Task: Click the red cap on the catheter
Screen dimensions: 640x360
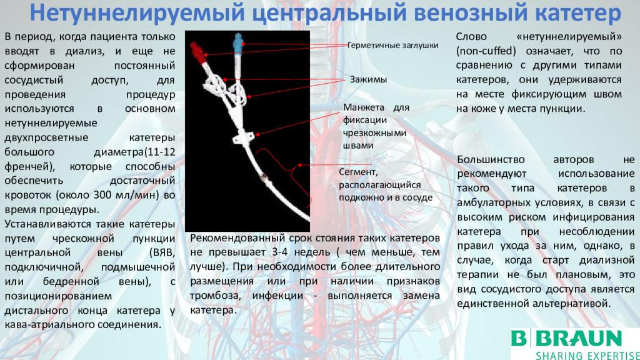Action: point(198,52)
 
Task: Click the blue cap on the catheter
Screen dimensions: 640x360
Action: point(238,42)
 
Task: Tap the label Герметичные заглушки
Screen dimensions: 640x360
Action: point(392,45)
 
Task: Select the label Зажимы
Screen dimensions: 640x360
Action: point(368,79)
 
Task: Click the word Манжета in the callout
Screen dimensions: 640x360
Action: point(364,107)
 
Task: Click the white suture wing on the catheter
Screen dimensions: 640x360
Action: point(244,137)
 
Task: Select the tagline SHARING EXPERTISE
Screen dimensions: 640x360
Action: point(587,355)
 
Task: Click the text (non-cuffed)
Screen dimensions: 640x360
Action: point(486,51)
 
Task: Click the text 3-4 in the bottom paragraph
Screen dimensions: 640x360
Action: point(279,252)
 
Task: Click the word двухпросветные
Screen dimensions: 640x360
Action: point(46,137)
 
